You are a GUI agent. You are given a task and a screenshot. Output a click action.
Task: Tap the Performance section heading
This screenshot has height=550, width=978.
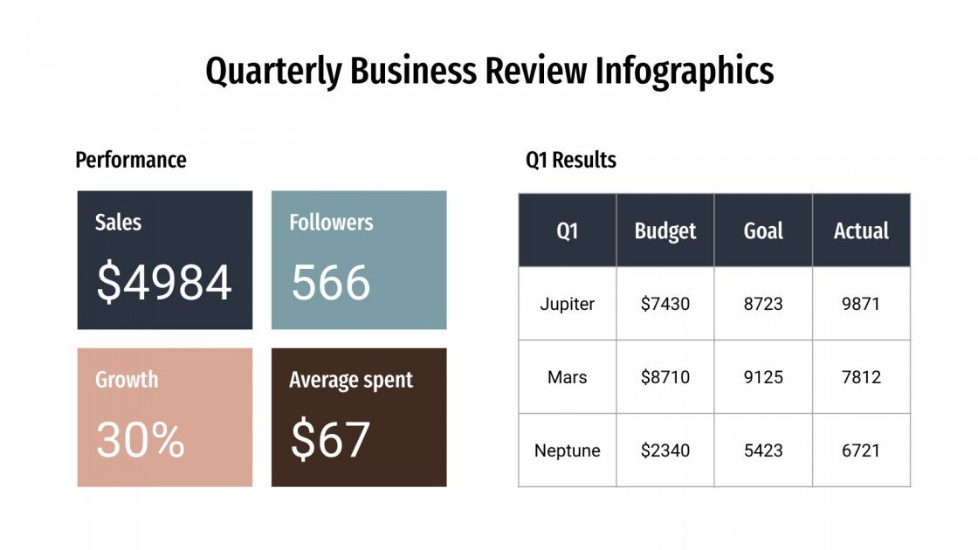click(x=131, y=160)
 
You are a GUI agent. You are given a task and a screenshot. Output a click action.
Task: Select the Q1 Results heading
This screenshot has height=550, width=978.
click(x=571, y=160)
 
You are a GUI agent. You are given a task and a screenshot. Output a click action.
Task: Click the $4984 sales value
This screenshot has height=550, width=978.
click(x=164, y=283)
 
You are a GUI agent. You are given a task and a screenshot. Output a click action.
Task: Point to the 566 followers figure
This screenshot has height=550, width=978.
click(x=331, y=283)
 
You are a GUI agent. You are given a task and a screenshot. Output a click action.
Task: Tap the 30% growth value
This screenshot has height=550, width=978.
click(x=141, y=440)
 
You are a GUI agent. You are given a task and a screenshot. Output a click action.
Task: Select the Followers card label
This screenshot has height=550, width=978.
click(x=331, y=222)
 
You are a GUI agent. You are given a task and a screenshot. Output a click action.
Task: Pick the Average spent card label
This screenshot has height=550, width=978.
click(x=351, y=380)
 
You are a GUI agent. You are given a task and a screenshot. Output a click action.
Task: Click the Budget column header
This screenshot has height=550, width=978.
click(x=665, y=231)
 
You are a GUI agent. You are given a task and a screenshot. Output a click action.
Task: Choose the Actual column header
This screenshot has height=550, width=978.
click(x=861, y=231)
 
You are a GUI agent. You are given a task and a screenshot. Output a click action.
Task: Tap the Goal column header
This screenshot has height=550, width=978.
click(x=763, y=231)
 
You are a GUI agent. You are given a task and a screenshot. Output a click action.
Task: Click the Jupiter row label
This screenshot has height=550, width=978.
click(x=568, y=304)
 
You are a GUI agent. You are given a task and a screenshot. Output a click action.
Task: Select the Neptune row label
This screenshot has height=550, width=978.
click(x=568, y=450)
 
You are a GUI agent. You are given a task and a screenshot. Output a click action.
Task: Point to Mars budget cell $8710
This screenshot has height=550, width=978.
click(x=665, y=377)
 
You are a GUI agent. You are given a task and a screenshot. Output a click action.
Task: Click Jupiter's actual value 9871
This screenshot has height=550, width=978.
click(x=861, y=304)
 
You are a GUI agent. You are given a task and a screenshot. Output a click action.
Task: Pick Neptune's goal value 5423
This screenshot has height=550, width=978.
click(x=763, y=450)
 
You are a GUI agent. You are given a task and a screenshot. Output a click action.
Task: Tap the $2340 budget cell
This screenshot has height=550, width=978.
click(x=665, y=450)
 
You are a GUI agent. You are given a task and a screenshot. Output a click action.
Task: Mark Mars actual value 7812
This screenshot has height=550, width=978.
click(x=861, y=377)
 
